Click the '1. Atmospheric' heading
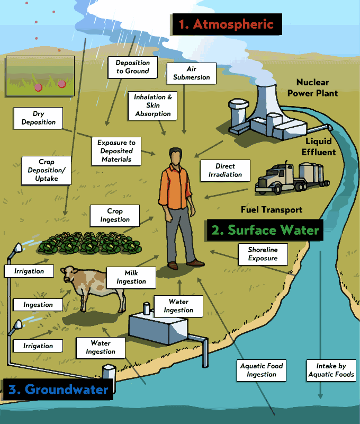(x=226, y=24)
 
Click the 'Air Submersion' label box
(x=192, y=73)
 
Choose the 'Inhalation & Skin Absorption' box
(x=153, y=105)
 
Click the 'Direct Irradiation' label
(x=225, y=170)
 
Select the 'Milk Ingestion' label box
(x=131, y=277)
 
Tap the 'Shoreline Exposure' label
(x=263, y=254)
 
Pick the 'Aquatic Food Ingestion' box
(x=262, y=370)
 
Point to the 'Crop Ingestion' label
(x=115, y=215)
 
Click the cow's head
(x=68, y=274)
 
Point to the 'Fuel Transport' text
(x=272, y=210)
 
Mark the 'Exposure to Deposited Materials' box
(x=116, y=151)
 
